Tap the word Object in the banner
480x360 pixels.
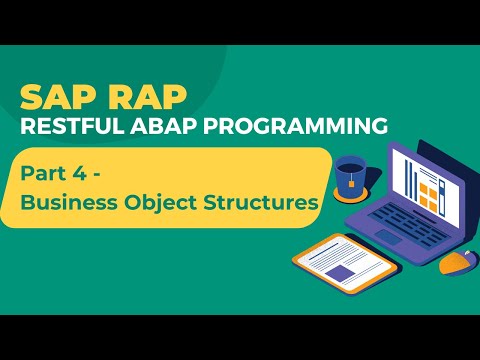[x=160, y=202]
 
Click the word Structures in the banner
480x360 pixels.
[x=262, y=202]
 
